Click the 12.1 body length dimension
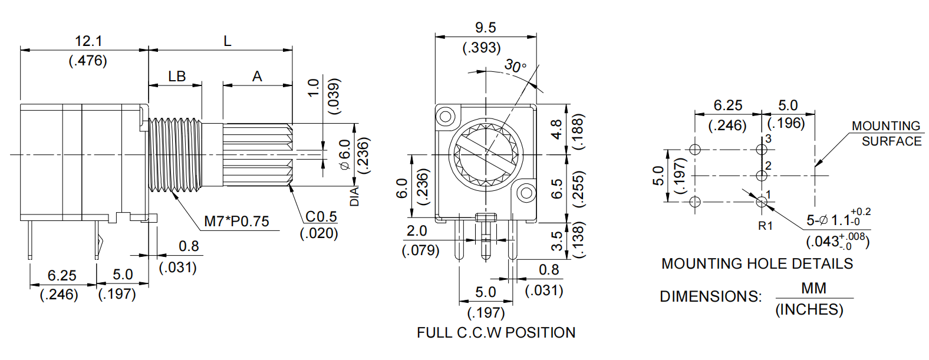88,41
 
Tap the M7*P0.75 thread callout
236,221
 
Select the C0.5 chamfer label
321,216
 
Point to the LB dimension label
177,77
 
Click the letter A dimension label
257,77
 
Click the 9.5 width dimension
485,28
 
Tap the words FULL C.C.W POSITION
496,333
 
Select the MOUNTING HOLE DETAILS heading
757,263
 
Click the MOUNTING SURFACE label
887,134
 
